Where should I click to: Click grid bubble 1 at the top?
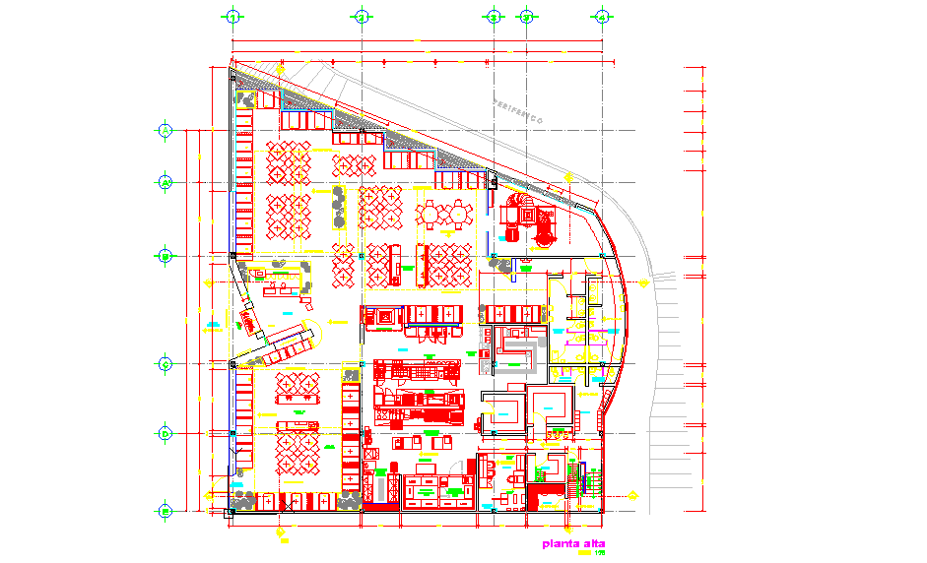[232, 17]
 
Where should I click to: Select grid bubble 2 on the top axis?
[362, 17]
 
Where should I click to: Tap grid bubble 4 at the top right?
[600, 17]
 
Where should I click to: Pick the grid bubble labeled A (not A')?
[166, 130]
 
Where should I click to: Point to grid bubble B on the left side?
[166, 256]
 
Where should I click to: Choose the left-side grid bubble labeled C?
[166, 364]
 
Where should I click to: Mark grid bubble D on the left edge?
[166, 432]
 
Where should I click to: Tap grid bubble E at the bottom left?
[166, 511]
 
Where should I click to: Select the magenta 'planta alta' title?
[572, 543]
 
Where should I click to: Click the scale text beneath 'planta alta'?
[597, 553]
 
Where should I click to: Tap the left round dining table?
[430, 212]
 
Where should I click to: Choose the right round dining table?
[458, 212]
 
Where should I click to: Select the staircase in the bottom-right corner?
[590, 482]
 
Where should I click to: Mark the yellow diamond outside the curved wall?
[642, 282]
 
